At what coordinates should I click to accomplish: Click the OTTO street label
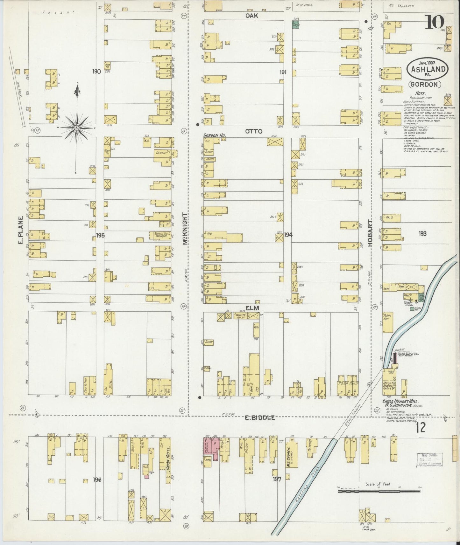(x=253, y=131)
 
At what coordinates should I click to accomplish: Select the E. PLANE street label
(x=20, y=230)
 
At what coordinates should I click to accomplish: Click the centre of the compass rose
(x=77, y=128)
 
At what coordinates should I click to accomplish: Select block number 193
(x=422, y=233)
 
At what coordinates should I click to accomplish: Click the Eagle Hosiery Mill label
(x=400, y=402)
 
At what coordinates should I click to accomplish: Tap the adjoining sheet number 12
(x=420, y=428)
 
